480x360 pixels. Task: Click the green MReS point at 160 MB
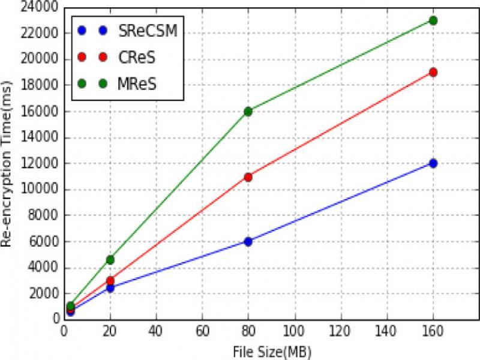(x=433, y=20)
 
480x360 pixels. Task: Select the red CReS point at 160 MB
(x=433, y=73)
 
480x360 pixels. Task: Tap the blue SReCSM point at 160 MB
(x=433, y=163)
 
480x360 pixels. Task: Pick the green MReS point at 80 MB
(x=248, y=111)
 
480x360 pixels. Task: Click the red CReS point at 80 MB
(x=248, y=177)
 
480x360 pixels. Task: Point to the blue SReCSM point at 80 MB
(x=248, y=241)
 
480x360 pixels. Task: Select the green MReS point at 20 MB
(x=110, y=260)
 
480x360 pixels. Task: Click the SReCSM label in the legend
(x=145, y=30)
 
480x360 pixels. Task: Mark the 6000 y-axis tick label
(x=46, y=242)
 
